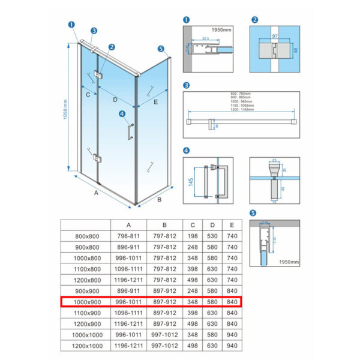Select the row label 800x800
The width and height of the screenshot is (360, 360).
(86, 236)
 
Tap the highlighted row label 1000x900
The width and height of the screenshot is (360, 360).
(86, 301)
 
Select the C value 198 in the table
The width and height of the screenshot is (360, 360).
(194, 236)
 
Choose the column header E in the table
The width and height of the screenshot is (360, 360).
(233, 226)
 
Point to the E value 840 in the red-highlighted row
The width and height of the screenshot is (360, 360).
(233, 301)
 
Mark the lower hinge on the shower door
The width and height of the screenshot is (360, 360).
(98, 159)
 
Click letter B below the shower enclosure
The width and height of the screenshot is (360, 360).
(160, 199)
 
